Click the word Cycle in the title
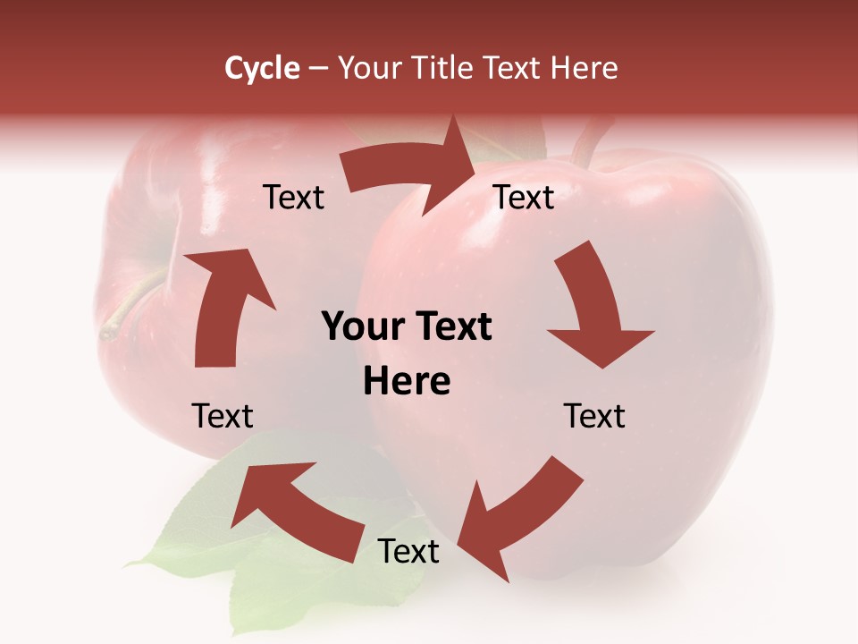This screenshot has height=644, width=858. [x=262, y=68]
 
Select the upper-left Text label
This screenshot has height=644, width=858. [x=293, y=198]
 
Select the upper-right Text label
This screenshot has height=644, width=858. [x=524, y=198]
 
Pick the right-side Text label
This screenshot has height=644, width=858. [x=594, y=416]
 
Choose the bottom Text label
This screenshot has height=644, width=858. [x=408, y=552]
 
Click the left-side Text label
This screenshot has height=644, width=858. [x=223, y=416]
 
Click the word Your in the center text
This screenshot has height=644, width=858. [x=363, y=327]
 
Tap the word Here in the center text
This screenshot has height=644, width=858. [x=407, y=382]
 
